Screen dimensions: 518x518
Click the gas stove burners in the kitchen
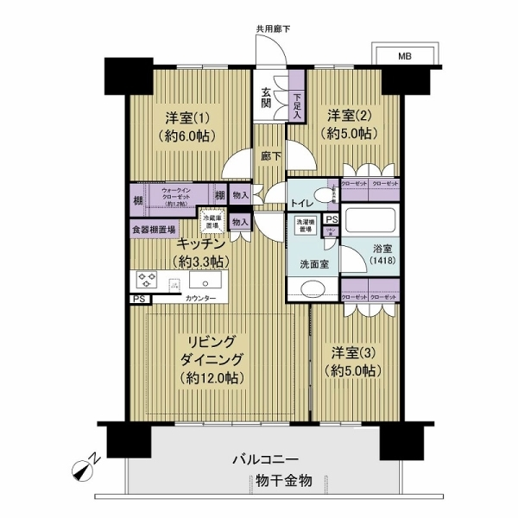[147, 281]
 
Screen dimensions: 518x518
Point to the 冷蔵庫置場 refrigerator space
[212, 222]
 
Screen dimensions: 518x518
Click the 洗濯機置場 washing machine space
[306, 226]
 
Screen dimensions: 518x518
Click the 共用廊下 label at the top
[273, 29]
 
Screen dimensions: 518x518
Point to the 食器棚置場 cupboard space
[155, 230]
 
